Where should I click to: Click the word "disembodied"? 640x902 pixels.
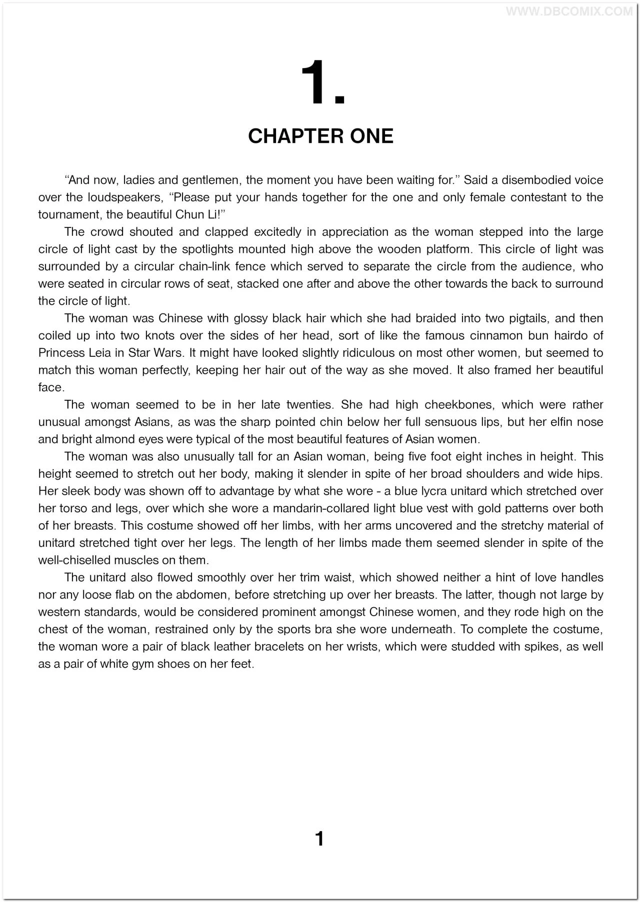click(x=536, y=180)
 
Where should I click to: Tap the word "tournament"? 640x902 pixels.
click(x=66, y=214)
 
